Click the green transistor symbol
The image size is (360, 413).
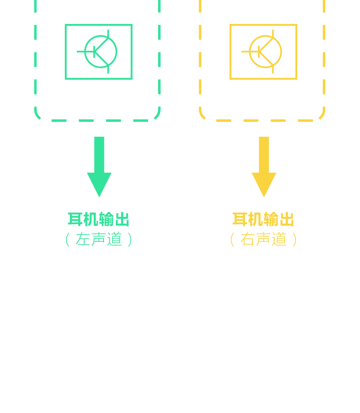click(101, 52)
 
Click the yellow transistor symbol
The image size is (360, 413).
click(265, 52)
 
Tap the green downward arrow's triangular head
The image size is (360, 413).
click(99, 184)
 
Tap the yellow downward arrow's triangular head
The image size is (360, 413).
click(264, 184)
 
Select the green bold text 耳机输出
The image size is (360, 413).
click(99, 219)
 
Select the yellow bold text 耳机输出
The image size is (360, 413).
click(263, 219)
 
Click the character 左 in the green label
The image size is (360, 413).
click(83, 239)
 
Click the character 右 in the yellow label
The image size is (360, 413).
click(247, 239)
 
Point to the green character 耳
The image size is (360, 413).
click(75, 219)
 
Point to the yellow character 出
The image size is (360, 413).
click(287, 219)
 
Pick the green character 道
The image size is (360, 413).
click(115, 239)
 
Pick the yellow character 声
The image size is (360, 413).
click(263, 239)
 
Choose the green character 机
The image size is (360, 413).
click(91, 219)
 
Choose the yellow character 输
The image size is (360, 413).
click(271, 219)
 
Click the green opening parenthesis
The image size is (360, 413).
click(67, 240)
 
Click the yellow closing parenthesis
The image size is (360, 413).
click(294, 240)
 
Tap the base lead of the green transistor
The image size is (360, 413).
click(82, 52)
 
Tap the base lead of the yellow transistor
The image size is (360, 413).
click(246, 52)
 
